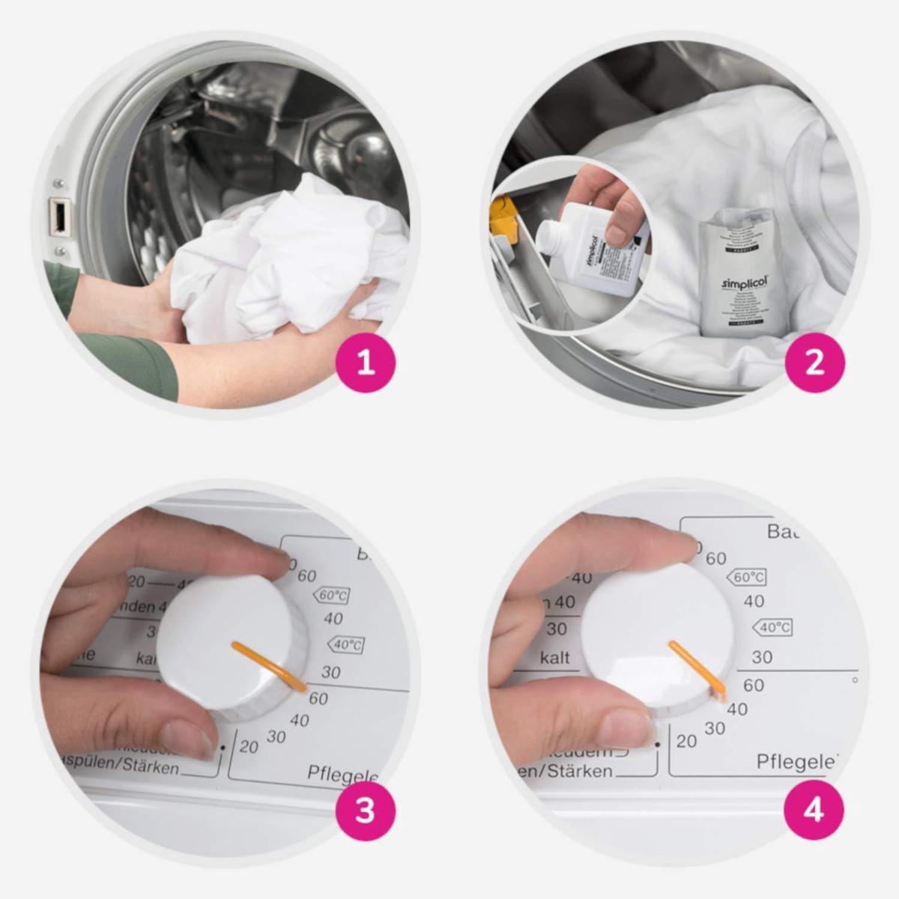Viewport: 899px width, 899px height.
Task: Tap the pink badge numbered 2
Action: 814,362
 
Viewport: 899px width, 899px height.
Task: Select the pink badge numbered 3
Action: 365,810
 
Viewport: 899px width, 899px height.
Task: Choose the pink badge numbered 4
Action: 814,810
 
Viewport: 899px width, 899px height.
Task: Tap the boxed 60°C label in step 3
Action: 332,596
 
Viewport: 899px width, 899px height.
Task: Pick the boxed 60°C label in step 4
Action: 747,577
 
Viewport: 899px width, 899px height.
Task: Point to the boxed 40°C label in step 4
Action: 772,627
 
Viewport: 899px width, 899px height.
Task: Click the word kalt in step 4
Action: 555,658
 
